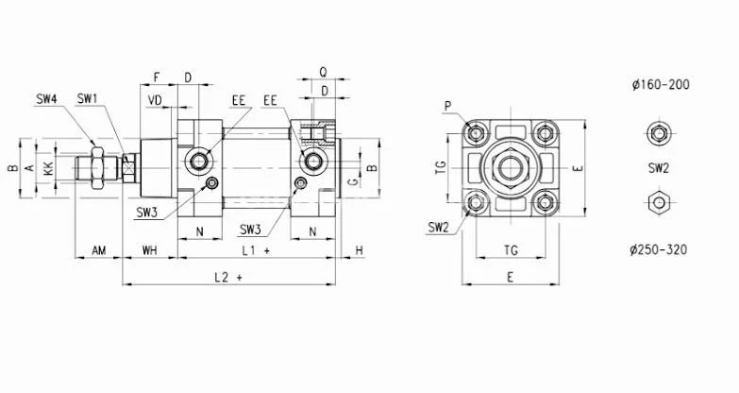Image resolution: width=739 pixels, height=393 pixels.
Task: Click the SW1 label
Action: pos(88,98)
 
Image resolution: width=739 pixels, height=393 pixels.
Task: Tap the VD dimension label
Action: pos(156,100)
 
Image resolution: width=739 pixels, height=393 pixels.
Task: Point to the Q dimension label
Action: pos(323,71)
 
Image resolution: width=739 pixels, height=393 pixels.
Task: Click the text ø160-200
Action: pos(660,84)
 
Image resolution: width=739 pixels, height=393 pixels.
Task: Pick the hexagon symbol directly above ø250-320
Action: pos(658,202)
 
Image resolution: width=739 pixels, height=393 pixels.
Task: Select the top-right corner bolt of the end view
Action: pos(546,132)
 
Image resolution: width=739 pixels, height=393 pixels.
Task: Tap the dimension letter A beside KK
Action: pos(29,168)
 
